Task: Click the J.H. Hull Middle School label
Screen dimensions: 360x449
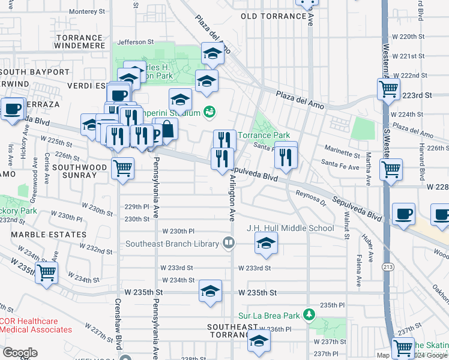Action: click(x=290, y=228)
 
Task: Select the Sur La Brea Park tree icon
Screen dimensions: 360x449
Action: click(x=309, y=314)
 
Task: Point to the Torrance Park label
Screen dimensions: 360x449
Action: click(x=264, y=135)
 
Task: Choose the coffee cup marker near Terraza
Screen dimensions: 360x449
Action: click(x=12, y=109)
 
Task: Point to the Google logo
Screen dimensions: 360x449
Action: click(x=19, y=353)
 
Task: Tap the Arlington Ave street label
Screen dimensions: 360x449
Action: click(x=231, y=198)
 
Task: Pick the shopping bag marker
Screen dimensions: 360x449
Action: click(x=168, y=128)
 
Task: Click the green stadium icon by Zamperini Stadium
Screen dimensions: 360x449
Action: click(x=209, y=112)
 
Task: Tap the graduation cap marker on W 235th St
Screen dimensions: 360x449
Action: click(x=210, y=292)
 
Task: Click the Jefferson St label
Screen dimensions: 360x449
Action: click(x=131, y=42)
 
